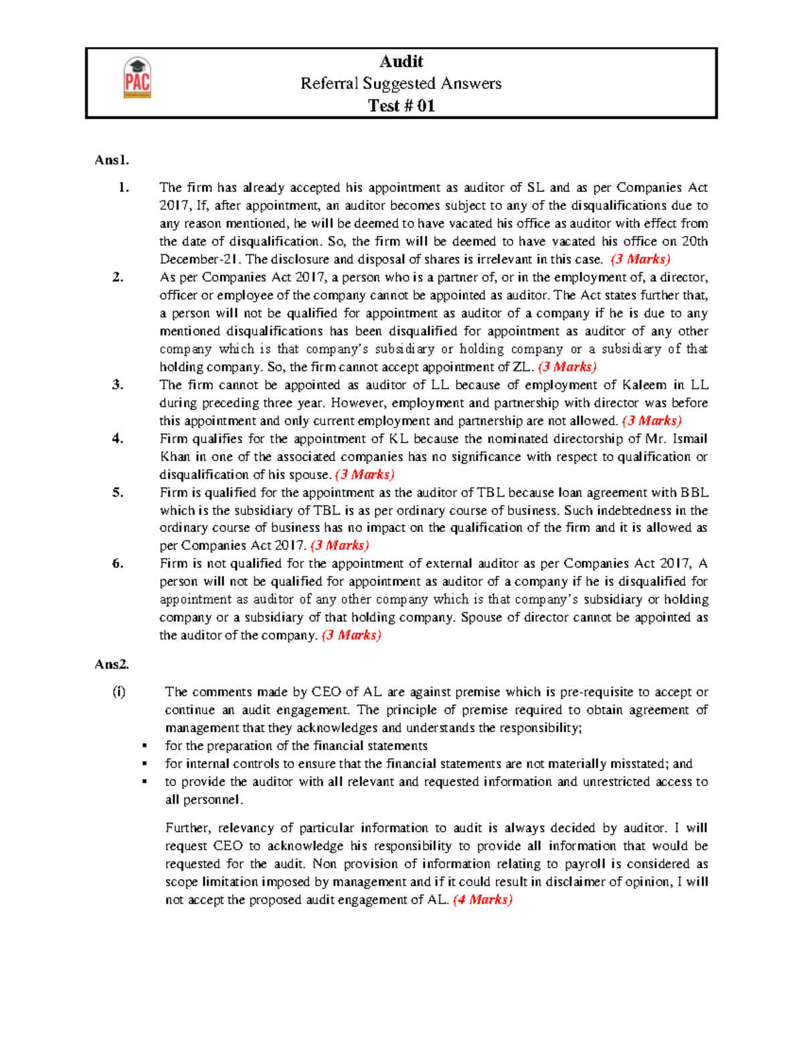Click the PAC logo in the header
coord(137,78)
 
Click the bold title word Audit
coord(401,62)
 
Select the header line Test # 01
coord(401,106)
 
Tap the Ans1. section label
coord(112,160)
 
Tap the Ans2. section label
coord(112,664)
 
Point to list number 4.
coord(118,439)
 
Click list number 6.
coord(118,563)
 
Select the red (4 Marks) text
coord(482,900)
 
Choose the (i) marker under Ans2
coord(118,692)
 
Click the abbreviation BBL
coord(694,492)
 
